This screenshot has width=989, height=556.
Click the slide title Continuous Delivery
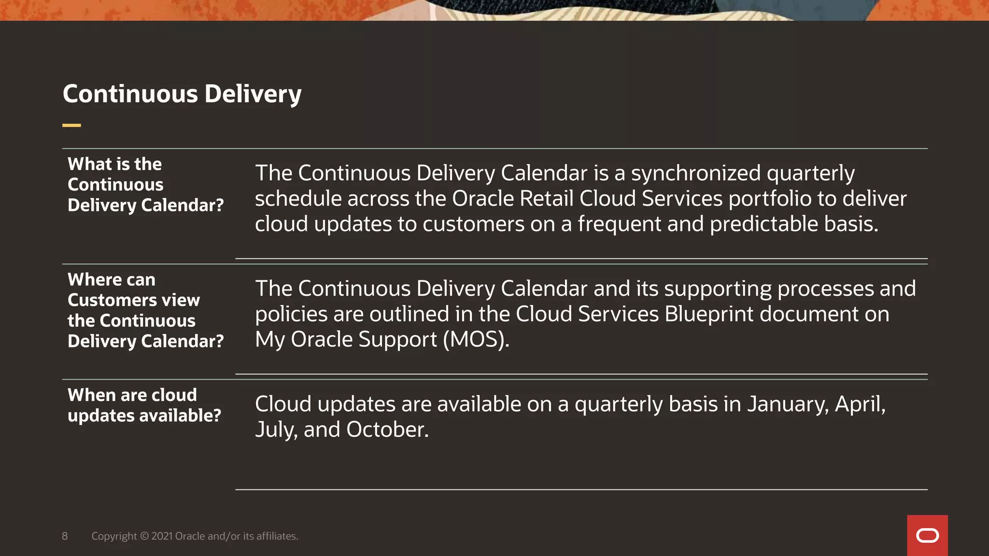coord(182,94)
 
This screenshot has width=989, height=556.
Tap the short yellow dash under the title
coord(71,125)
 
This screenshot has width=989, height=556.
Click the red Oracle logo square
coord(927,535)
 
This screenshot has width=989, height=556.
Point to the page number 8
coord(65,536)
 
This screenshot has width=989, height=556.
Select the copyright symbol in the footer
coord(144,536)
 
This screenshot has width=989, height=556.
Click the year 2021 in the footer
coord(162,536)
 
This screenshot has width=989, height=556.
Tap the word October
coord(387,430)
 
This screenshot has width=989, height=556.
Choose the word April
coord(860,404)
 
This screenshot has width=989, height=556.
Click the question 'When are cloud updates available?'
coord(144,405)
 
